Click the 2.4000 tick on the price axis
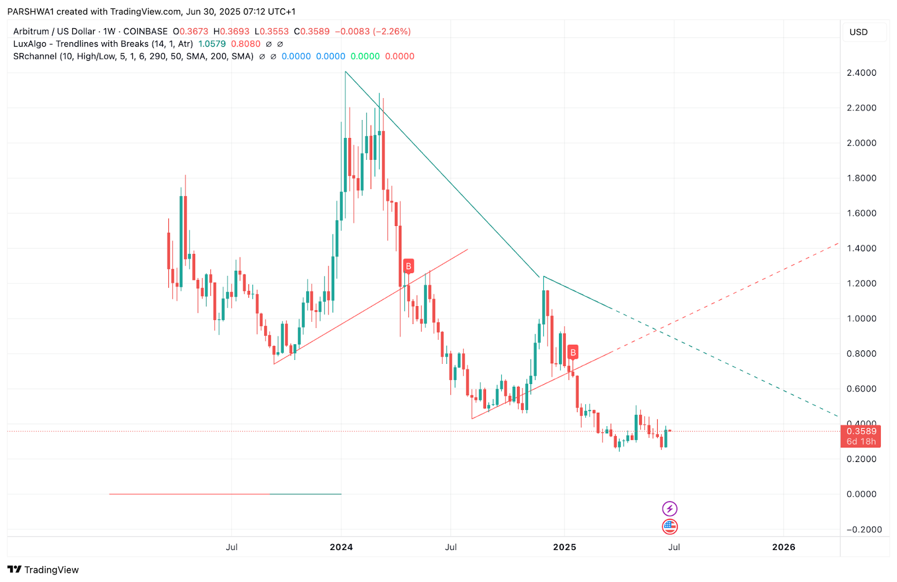[861, 73]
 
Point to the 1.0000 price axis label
[861, 318]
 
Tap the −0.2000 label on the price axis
[863, 529]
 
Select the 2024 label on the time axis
[341, 547]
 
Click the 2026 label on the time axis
[783, 547]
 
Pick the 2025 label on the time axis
[564, 547]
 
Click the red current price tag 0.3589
[861, 432]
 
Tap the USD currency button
[858, 32]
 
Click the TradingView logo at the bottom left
[43, 570]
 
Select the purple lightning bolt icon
[669, 509]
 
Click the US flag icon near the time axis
[669, 526]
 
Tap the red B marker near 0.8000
[572, 353]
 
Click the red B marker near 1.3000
[408, 266]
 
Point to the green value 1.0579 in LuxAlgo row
[212, 44]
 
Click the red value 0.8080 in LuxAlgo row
[246, 44]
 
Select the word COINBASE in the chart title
[145, 31]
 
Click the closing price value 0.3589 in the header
[315, 31]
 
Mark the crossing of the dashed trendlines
[657, 331]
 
